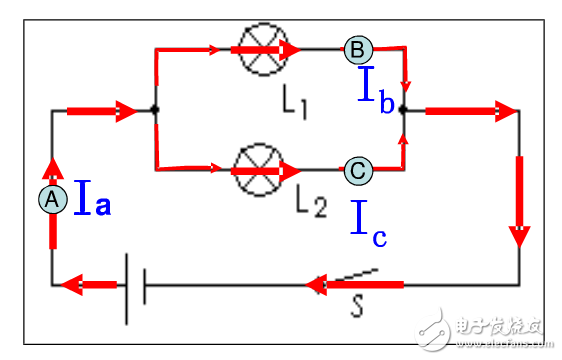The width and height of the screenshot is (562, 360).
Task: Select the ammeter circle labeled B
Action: click(x=357, y=48)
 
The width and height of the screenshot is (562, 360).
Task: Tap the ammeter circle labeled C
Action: click(x=357, y=170)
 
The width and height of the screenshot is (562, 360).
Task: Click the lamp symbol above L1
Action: click(x=257, y=48)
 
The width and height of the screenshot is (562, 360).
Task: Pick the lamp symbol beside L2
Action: click(x=257, y=170)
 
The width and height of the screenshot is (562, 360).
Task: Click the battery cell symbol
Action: click(x=134, y=285)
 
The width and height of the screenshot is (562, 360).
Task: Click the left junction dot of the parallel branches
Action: click(x=155, y=111)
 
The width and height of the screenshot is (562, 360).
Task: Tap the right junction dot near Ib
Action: click(x=403, y=111)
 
